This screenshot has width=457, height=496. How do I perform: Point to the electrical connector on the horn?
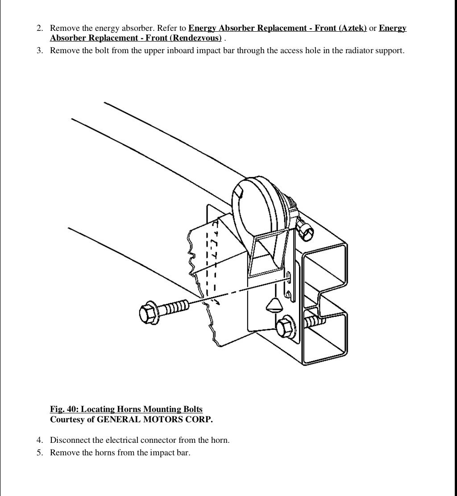pyautogui.click(x=304, y=228)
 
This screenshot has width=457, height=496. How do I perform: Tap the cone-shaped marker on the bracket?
pyautogui.click(x=273, y=306)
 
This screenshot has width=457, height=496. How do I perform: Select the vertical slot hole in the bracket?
pyautogui.click(x=289, y=278)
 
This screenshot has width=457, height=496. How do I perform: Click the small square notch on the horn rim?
pyautogui.click(x=239, y=192)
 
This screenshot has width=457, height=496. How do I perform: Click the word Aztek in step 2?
pyautogui.click(x=353, y=28)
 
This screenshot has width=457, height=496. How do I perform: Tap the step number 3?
pyautogui.click(x=40, y=50)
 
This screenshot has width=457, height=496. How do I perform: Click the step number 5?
pyautogui.click(x=40, y=453)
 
